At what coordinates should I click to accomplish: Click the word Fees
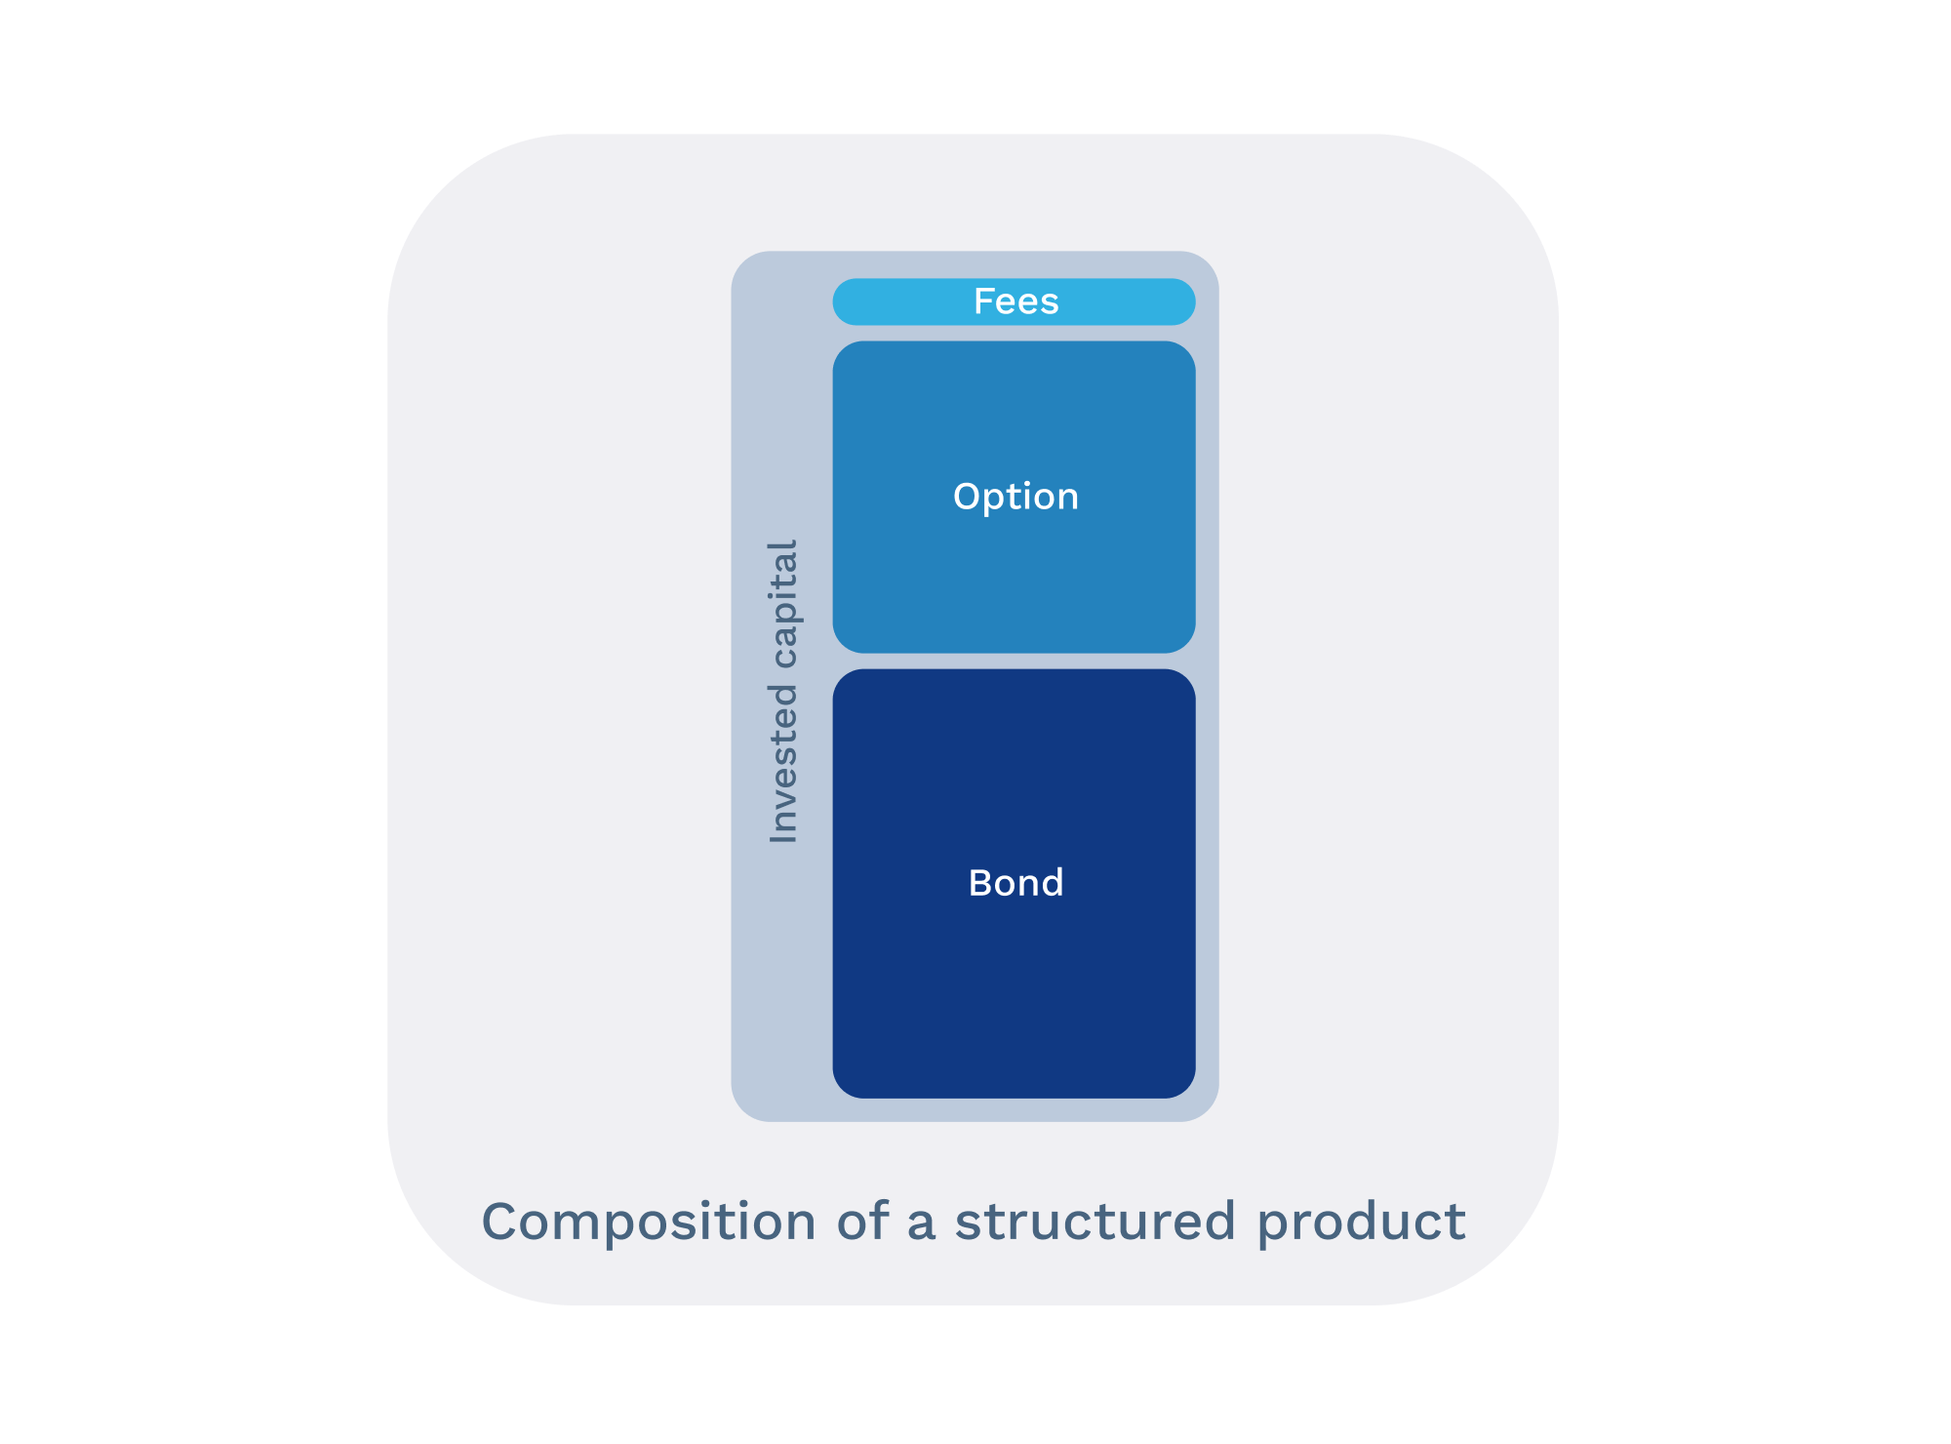(x=1015, y=301)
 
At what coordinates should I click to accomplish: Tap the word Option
(x=1015, y=497)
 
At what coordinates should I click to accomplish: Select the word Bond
(x=1015, y=883)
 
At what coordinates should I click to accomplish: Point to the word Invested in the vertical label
(x=783, y=763)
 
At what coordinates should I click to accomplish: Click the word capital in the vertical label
(x=783, y=604)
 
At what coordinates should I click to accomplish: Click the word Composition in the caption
(x=649, y=1222)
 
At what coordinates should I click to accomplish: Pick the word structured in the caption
(x=1095, y=1222)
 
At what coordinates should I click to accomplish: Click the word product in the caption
(x=1361, y=1223)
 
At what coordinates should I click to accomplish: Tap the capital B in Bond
(x=980, y=883)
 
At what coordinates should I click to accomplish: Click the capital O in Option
(x=967, y=497)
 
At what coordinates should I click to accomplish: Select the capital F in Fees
(x=983, y=301)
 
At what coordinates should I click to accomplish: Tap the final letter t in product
(x=1456, y=1222)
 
